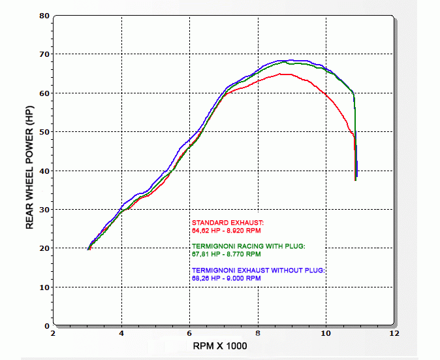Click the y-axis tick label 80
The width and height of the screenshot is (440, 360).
pyautogui.click(x=44, y=15)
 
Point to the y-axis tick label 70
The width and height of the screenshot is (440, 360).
pyautogui.click(x=44, y=54)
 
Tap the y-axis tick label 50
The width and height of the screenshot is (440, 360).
pyautogui.click(x=44, y=131)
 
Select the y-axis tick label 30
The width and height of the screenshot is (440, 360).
pyautogui.click(x=44, y=209)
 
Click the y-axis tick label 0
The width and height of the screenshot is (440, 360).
pyautogui.click(x=47, y=325)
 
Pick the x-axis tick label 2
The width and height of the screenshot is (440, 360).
pyautogui.click(x=54, y=334)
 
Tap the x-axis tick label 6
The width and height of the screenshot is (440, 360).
pyautogui.click(x=189, y=334)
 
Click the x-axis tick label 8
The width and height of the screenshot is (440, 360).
pyautogui.click(x=258, y=334)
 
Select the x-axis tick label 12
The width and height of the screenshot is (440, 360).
pyautogui.click(x=394, y=334)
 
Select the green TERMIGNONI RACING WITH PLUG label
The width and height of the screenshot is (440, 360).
pyautogui.click(x=249, y=246)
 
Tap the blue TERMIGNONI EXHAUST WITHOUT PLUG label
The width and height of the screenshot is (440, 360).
pyautogui.click(x=258, y=270)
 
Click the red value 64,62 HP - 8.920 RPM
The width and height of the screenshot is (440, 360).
pyautogui.click(x=227, y=231)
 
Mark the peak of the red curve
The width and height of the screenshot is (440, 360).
pyautogui.click(x=283, y=74)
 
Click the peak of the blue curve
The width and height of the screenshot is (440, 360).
pyautogui.click(x=289, y=60)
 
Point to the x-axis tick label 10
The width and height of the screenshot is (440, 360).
pyautogui.click(x=326, y=334)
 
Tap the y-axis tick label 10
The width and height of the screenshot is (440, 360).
pyautogui.click(x=44, y=287)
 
